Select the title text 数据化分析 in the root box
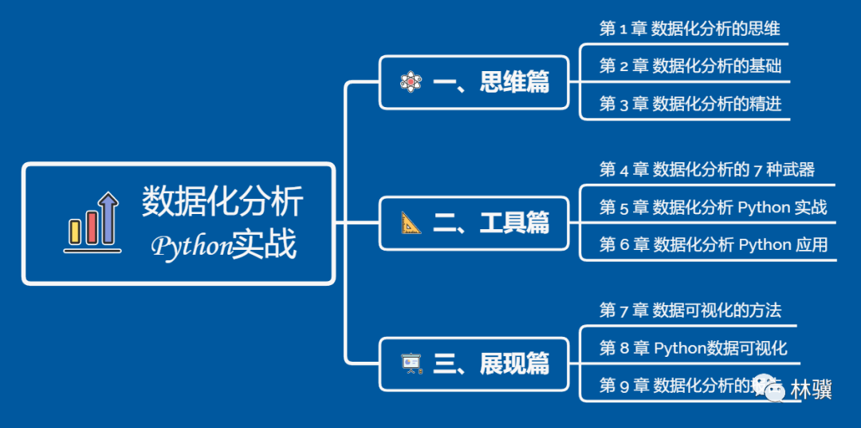(x=222, y=201)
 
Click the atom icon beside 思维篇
(x=410, y=81)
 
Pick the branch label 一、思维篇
(x=491, y=81)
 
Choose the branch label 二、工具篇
(x=491, y=223)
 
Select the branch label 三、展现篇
(x=491, y=363)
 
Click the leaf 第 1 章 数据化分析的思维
(x=690, y=29)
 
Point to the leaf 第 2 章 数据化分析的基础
(x=690, y=66)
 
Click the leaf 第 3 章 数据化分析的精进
(x=690, y=104)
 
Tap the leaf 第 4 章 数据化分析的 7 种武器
(x=706, y=169)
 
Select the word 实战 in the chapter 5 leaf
(x=811, y=208)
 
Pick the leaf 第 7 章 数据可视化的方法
(x=690, y=311)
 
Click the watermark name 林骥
(x=812, y=390)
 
